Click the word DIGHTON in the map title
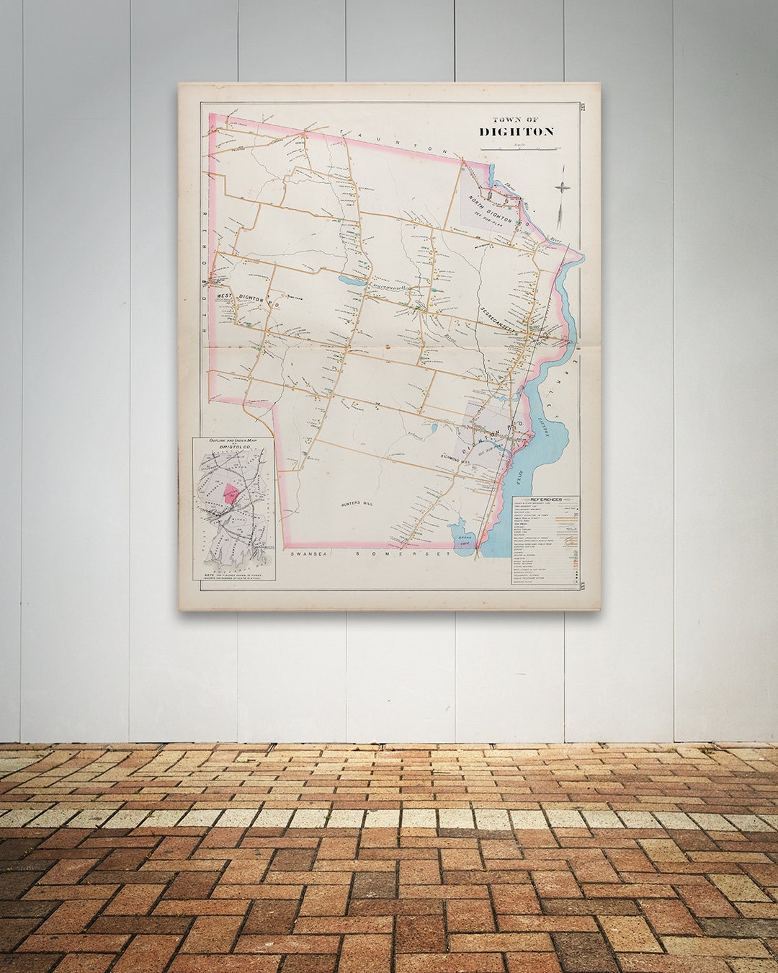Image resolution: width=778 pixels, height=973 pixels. point(517,132)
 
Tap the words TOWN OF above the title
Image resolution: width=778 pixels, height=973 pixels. point(515,120)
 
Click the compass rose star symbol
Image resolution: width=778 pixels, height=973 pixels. point(562,187)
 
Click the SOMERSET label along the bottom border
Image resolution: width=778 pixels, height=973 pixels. point(403,554)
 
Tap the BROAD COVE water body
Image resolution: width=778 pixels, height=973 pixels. point(463,538)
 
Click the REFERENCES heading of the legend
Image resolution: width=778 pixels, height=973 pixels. point(546,499)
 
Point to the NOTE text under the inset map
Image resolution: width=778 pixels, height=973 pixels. point(232,574)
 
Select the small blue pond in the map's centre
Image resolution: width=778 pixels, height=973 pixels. point(352,280)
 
